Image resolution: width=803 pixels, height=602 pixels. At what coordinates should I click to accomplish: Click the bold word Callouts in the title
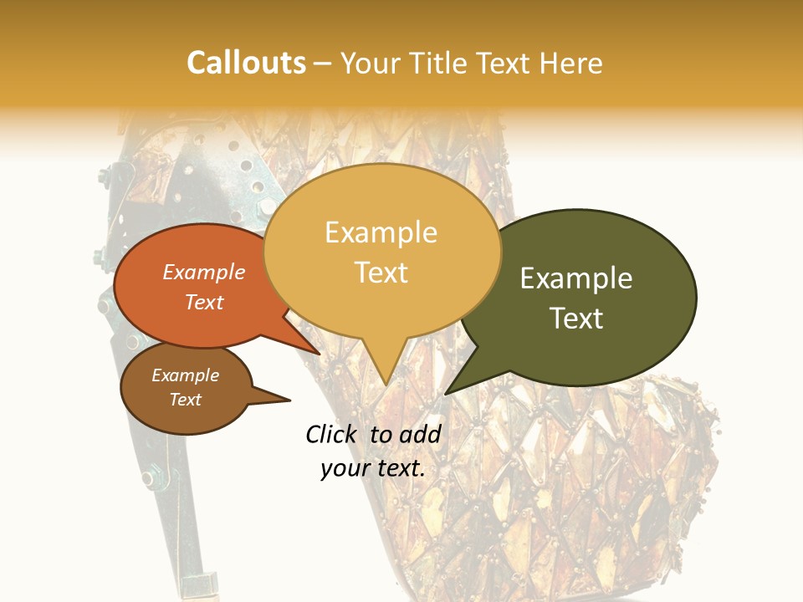pos(246,63)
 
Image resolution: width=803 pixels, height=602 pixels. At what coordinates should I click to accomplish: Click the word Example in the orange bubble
pos(204,272)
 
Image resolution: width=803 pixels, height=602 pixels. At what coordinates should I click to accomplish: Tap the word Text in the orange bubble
pos(204,302)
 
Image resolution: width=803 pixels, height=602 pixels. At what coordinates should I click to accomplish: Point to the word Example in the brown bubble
pos(185,375)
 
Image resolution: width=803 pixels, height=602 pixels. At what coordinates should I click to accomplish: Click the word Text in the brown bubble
pos(185,400)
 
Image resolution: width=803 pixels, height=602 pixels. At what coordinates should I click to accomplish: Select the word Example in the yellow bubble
pos(381,232)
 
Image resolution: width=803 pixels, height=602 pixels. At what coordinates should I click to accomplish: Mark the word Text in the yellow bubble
pos(381,272)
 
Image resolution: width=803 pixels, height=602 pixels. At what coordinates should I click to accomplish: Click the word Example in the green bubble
pos(576,278)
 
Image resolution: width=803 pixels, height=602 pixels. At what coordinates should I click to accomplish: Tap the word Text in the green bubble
pos(576,318)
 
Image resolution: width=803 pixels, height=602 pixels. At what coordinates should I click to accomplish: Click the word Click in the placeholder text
pos(333,434)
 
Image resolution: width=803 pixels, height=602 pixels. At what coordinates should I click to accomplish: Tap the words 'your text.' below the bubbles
pos(373,468)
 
